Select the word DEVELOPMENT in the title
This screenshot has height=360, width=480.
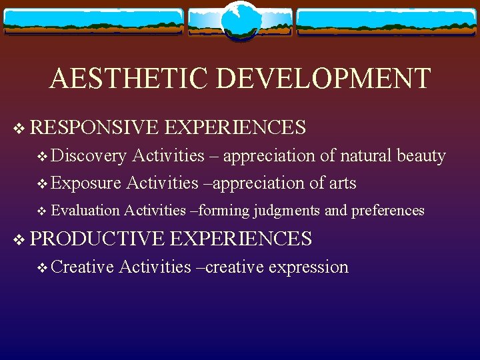324,79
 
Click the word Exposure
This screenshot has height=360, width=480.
86,183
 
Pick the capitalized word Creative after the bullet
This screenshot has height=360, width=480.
82,267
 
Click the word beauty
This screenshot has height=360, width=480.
421,156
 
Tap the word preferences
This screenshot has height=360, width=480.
387,211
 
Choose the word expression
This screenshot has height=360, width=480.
308,267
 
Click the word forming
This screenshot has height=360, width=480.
223,211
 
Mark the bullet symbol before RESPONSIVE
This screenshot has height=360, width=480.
18,127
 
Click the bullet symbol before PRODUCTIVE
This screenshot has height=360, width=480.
18,239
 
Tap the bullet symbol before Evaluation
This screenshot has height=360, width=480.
43,211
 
